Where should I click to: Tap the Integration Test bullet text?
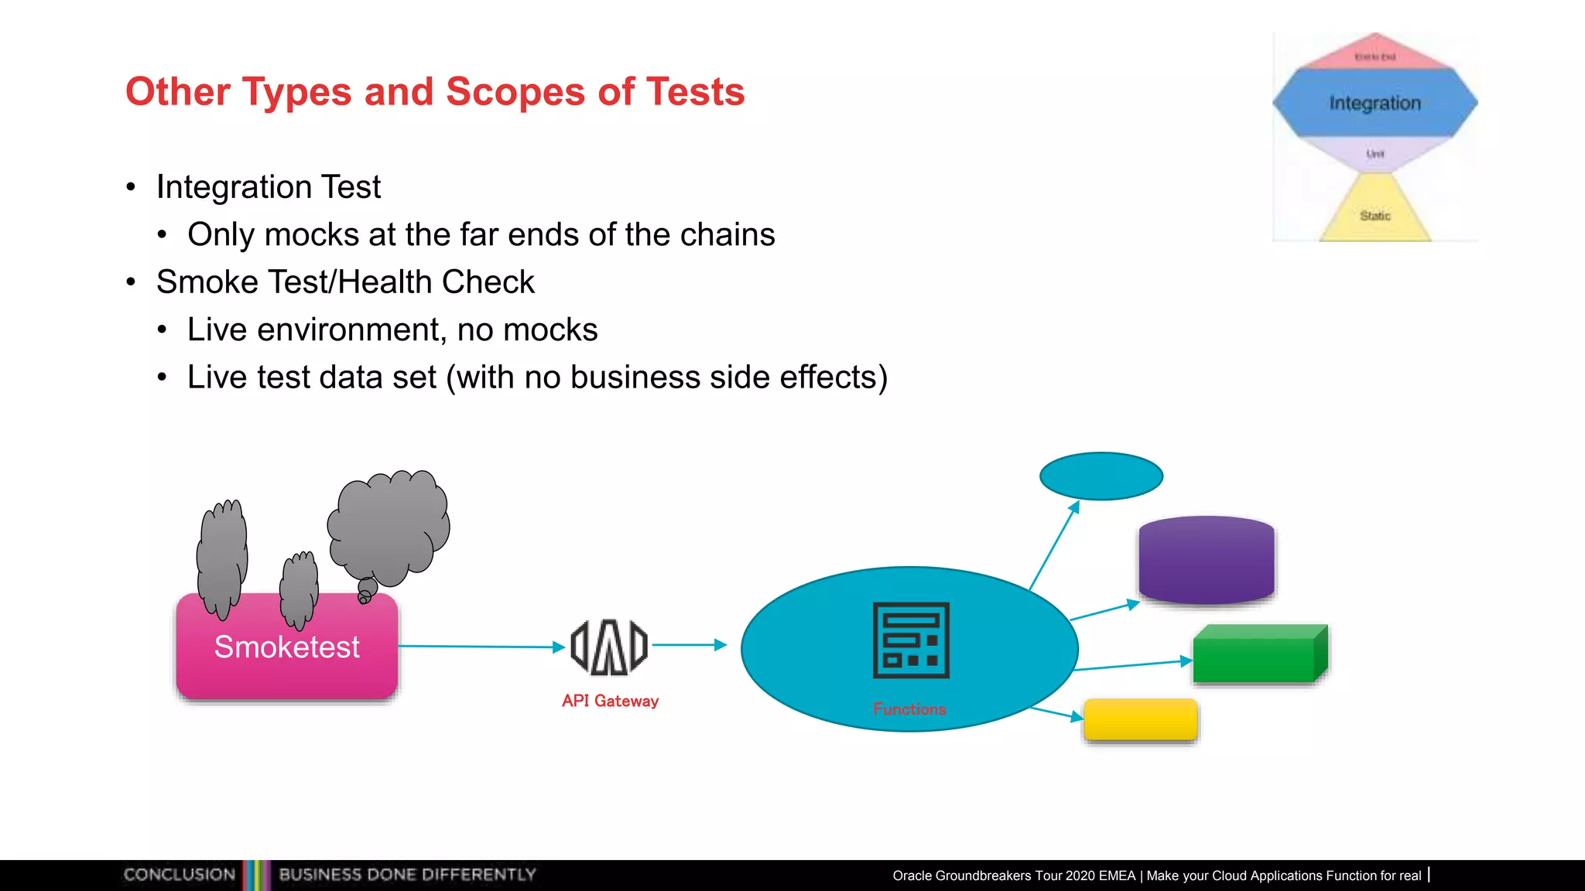[x=268, y=187]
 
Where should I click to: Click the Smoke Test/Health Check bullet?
[x=344, y=282]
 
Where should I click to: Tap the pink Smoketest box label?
[x=286, y=647]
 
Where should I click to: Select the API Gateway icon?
[x=609, y=647]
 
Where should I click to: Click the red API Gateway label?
[x=610, y=701]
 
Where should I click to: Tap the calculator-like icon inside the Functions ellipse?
[x=911, y=640]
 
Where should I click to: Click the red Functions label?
[x=909, y=709]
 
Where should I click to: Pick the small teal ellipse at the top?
[x=1101, y=476]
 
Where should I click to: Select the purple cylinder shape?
[x=1206, y=560]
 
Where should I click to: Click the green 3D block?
[x=1258, y=655]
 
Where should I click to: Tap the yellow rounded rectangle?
[x=1140, y=719]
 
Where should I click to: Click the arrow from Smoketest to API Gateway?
[x=480, y=647]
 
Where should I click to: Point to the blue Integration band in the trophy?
[x=1374, y=103]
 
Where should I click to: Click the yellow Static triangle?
[x=1374, y=214]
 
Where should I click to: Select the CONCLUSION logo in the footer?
[x=179, y=875]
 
